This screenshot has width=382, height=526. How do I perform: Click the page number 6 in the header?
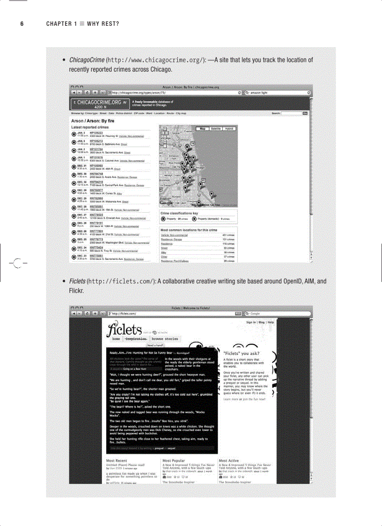coord(22,24)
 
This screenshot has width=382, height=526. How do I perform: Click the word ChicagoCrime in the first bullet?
coord(87,60)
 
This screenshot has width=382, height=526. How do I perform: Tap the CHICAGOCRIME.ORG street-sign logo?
coord(99,104)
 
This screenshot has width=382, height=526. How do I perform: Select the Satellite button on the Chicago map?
coord(216,128)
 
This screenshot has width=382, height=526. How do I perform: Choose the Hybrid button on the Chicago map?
coord(229,128)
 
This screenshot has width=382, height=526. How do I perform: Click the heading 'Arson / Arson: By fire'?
coord(93,121)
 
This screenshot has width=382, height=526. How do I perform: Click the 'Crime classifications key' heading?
coord(179,213)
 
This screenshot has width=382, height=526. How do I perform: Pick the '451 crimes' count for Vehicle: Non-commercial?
coord(228,235)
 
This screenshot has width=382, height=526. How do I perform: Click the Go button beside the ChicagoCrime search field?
coord(305,113)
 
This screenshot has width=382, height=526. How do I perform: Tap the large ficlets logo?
coord(124,329)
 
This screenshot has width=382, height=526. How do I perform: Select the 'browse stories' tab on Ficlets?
coord(165,339)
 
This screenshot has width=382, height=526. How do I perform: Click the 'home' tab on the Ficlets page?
coord(116,339)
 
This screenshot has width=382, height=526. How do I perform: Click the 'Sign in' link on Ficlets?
coord(251,322)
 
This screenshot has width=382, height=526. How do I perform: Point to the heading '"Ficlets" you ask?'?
coord(242,354)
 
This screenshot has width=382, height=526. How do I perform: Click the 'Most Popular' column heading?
coord(174,461)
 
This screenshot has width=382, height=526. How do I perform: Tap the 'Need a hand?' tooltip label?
coord(155,345)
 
